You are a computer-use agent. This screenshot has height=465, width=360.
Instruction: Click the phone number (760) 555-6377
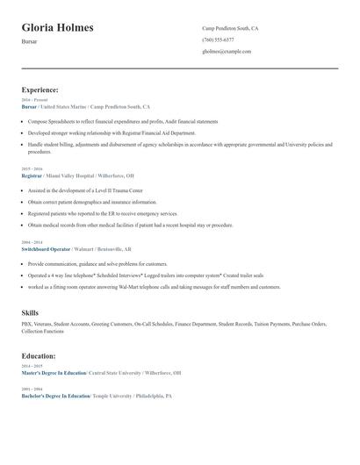pos(218,40)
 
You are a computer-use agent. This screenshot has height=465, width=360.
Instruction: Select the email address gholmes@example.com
pos(227,52)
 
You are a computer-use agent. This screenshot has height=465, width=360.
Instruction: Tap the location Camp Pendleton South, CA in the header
pos(230,29)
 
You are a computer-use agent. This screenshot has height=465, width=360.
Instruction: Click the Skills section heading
pos(31,312)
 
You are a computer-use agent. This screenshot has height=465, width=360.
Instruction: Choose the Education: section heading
pos(39,356)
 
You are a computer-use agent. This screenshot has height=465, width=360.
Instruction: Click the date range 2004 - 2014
pos(32,241)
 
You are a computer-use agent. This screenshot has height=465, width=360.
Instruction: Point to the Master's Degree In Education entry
pos(54,373)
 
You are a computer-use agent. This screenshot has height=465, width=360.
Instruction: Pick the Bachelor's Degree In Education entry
pos(55,396)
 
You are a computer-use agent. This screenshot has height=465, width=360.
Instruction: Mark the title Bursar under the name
pos(30,42)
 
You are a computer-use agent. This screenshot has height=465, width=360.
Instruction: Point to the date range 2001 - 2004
pos(32,389)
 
